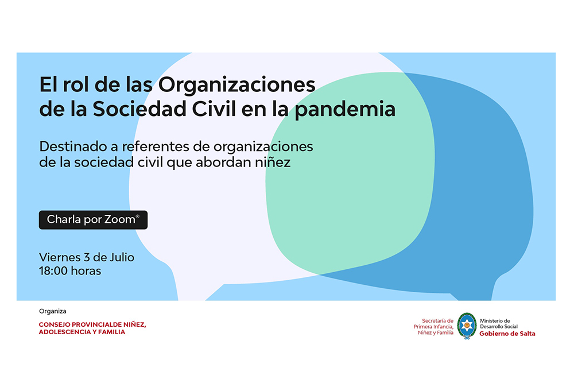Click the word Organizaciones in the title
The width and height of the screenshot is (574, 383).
coord(236,85)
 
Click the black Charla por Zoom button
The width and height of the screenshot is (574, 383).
coord(93,219)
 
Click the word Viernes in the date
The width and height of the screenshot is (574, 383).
coord(60,257)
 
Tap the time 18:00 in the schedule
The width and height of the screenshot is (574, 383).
coord(53,271)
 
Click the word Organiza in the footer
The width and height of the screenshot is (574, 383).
coord(53,311)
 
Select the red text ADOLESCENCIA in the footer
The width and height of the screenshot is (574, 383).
coord(65,332)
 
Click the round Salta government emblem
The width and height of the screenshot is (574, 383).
coord(467,326)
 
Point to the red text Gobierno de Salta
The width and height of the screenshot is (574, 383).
coord(507,334)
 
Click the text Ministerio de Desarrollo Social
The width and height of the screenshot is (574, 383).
coord(498,324)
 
